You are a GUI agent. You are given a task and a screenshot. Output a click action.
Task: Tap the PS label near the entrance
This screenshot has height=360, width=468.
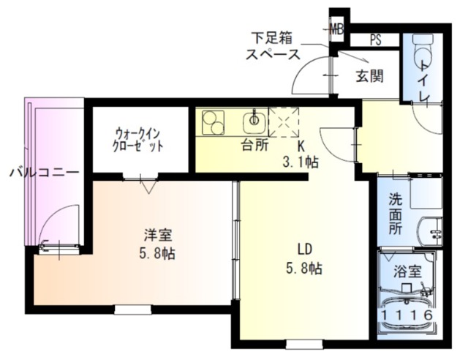(374, 40)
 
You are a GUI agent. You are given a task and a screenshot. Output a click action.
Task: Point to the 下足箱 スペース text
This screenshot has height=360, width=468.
(273, 45)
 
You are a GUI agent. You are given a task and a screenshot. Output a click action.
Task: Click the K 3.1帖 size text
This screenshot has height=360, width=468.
(299, 153)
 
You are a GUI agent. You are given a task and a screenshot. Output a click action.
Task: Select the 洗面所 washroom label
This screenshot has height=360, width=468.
(396, 212)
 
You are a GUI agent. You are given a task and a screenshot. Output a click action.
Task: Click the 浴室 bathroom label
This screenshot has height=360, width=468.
(407, 271)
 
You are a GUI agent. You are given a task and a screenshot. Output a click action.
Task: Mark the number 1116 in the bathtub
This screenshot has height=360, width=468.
(408, 315)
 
